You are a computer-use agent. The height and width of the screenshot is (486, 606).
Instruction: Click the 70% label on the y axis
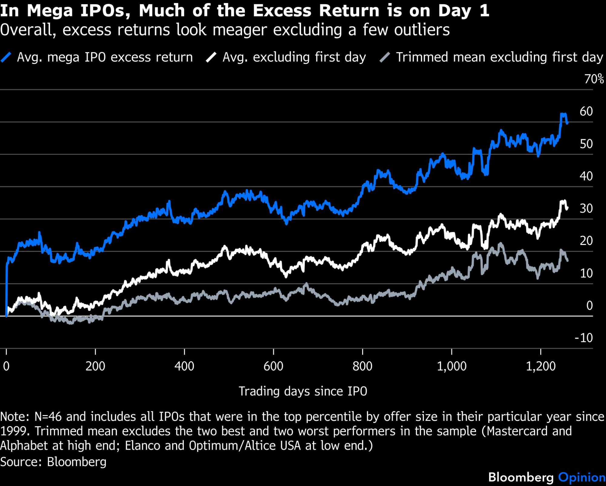tap(594, 79)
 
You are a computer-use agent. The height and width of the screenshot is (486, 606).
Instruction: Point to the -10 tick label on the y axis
tap(584, 338)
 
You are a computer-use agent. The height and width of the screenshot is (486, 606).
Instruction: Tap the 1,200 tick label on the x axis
tap(541, 366)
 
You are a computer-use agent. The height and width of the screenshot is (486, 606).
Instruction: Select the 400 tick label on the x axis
tap(184, 366)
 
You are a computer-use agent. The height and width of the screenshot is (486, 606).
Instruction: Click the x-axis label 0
tap(6, 366)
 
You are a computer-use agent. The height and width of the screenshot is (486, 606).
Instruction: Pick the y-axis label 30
tap(586, 209)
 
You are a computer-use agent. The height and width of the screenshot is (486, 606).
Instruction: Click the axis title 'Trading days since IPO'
tap(303, 391)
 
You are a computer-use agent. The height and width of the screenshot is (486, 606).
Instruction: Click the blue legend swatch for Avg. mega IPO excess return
tap(6, 57)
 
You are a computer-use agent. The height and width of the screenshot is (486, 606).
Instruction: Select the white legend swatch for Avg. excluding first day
tap(211, 57)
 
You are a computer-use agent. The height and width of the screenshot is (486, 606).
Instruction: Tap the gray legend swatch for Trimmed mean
tap(385, 57)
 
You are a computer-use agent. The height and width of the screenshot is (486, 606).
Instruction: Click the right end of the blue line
tap(567, 122)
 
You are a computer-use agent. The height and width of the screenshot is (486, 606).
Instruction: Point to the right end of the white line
tap(567, 208)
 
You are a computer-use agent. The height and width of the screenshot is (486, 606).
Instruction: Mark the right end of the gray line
tap(567, 260)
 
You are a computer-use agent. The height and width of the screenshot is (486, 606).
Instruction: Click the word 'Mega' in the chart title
tap(50, 11)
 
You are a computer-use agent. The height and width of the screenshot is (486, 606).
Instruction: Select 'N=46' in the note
tap(48, 417)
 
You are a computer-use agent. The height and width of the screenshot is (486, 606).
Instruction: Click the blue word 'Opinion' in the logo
tap(582, 477)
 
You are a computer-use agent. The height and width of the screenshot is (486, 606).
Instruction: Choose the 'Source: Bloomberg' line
tap(53, 462)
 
